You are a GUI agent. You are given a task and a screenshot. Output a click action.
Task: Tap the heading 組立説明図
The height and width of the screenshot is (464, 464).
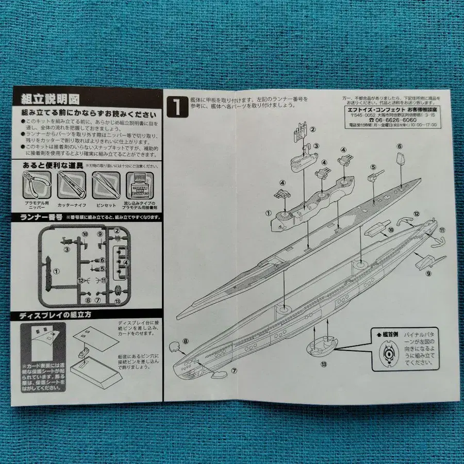50,99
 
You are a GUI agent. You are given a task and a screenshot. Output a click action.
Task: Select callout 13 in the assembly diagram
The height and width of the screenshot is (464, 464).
324,364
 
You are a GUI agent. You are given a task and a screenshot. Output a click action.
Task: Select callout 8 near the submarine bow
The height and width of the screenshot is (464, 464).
186,341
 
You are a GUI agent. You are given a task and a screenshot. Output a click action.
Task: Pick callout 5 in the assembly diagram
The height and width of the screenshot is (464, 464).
372,167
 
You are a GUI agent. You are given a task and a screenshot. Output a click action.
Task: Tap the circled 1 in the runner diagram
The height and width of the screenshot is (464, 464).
57,270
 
